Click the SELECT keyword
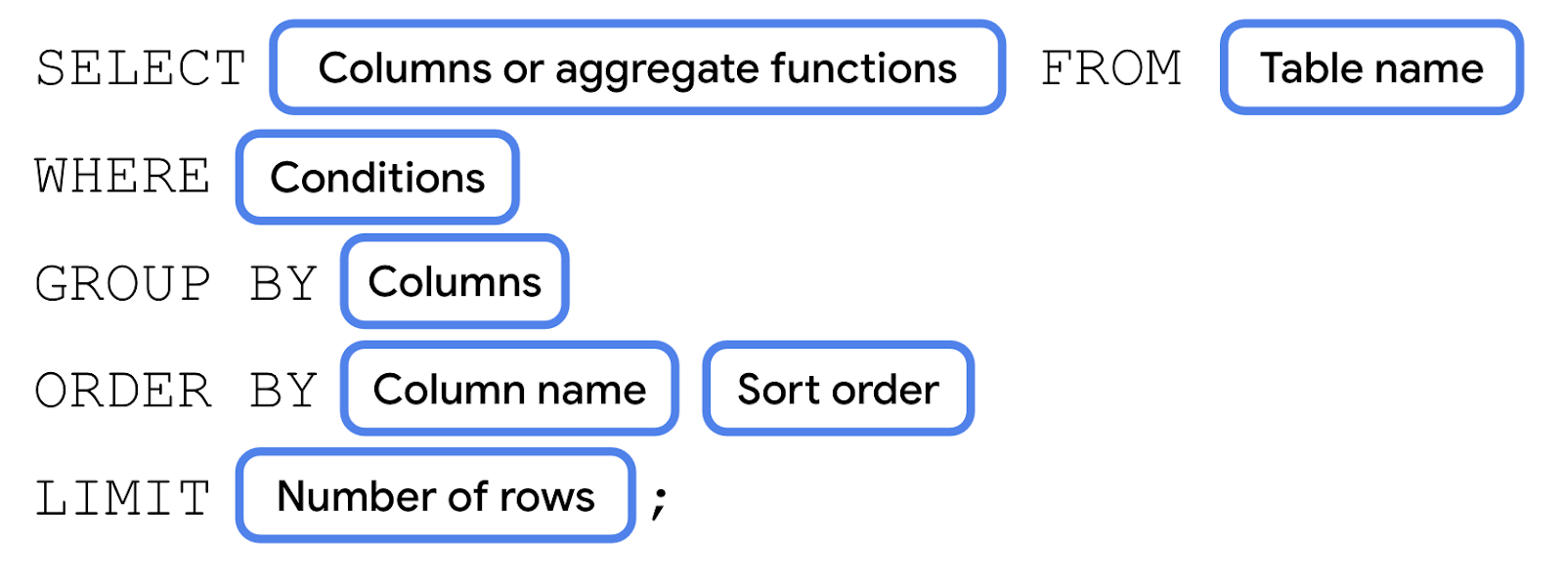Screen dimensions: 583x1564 click(141, 69)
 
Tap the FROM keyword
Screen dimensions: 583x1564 click(1111, 69)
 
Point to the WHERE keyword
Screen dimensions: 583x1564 click(123, 177)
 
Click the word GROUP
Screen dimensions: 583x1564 click(123, 284)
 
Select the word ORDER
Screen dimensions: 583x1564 click(123, 391)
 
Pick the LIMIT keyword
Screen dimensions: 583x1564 click(123, 498)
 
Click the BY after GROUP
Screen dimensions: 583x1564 click(283, 284)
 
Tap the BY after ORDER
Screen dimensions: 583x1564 click(283, 391)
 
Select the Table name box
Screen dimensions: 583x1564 click(1371, 68)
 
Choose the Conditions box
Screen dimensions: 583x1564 click(377, 178)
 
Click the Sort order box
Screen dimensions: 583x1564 click(838, 390)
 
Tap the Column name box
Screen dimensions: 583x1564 click(509, 390)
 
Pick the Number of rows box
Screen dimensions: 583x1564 click(436, 496)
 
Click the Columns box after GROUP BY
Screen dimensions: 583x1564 click(455, 282)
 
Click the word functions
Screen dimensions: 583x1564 click(863, 68)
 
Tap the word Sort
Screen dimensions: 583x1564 click(778, 390)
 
